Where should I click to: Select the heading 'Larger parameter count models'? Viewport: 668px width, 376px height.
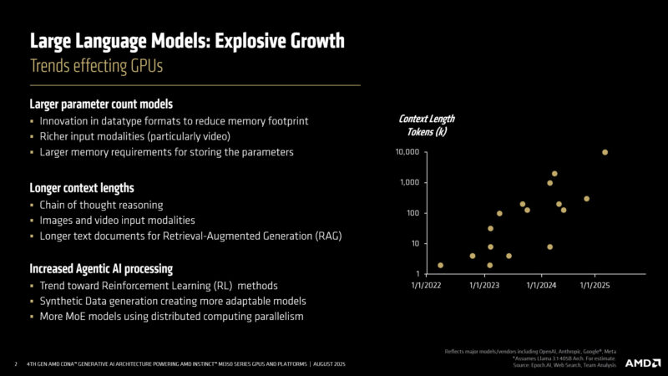(x=101, y=104)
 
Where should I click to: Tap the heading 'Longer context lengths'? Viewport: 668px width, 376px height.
(x=82, y=188)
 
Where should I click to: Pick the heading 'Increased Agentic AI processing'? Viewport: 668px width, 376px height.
(x=102, y=269)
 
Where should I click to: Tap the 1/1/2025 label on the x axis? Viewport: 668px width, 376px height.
(x=596, y=286)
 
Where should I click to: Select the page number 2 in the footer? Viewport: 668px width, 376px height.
(x=16, y=365)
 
